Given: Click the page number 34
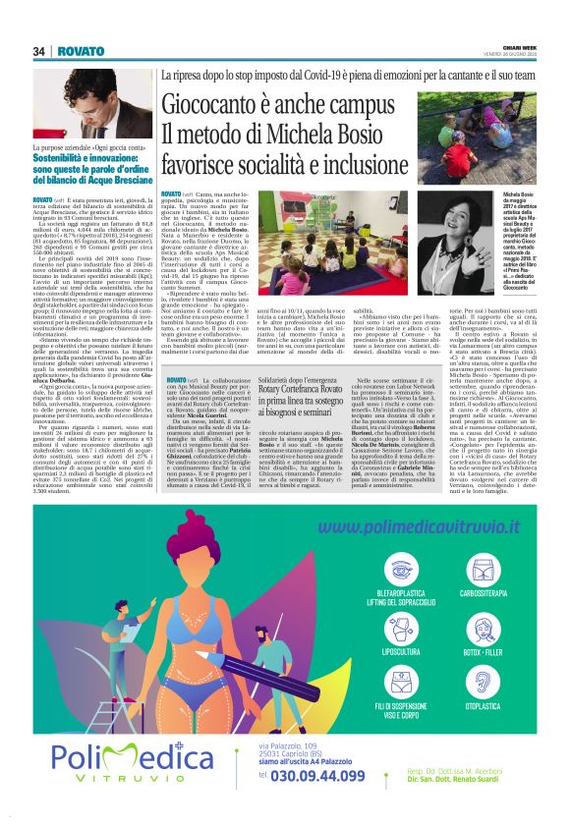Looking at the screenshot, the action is click(x=39, y=51).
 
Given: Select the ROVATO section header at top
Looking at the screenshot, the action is click(x=80, y=51).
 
